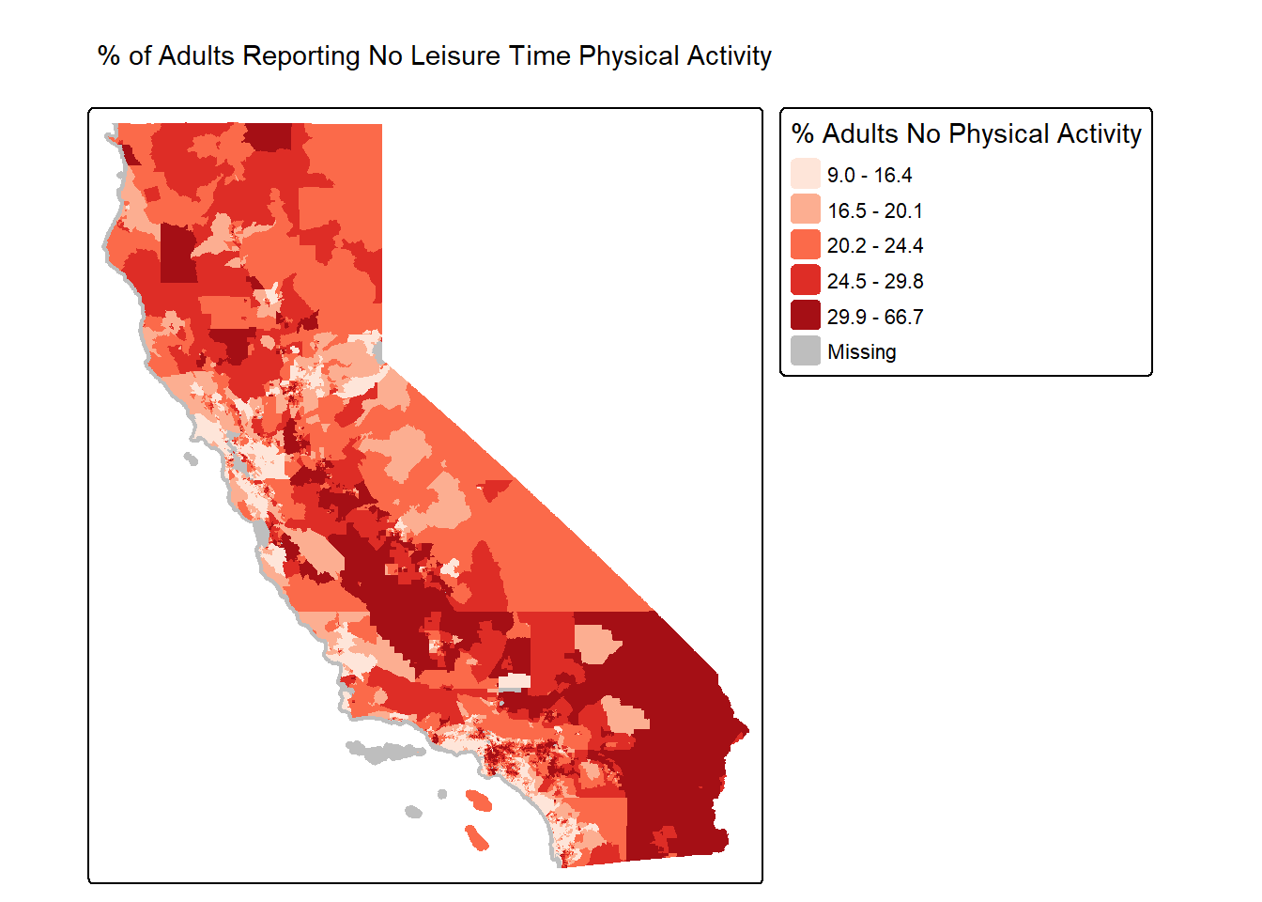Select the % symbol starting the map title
pos(108,56)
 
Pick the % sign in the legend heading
pos(803,134)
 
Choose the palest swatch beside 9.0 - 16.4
pos(806,174)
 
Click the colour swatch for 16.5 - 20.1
pos(806,210)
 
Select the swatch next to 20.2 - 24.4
pos(806,245)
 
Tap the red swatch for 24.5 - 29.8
pos(806,280)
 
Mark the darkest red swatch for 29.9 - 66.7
pos(806,316)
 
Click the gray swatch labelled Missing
pos(806,351)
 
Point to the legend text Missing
pos(861,352)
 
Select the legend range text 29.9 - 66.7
pos(875,317)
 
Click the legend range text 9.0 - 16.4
pos(870,176)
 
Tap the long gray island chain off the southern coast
pos(383,752)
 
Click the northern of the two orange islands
pos(479,801)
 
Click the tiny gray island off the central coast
pos(191,459)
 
